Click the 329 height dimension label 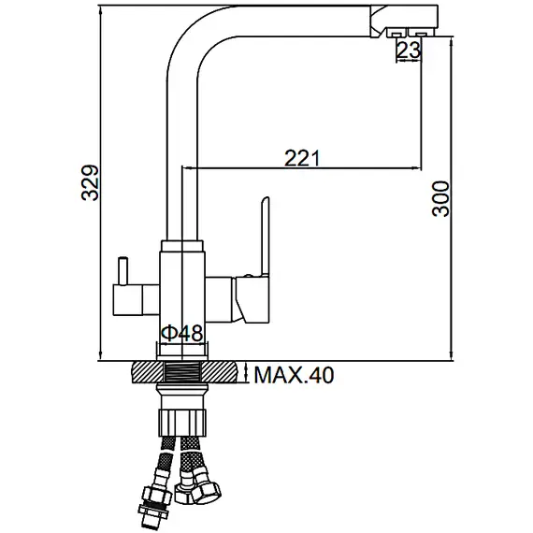[x=90, y=182]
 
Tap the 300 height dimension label [x=440, y=199]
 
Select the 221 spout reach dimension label [x=302, y=158]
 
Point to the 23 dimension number [x=409, y=50]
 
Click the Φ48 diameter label [x=181, y=333]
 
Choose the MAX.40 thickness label [x=294, y=375]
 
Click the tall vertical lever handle [x=265, y=236]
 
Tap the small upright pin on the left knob [x=122, y=271]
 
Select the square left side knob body [x=127, y=300]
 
